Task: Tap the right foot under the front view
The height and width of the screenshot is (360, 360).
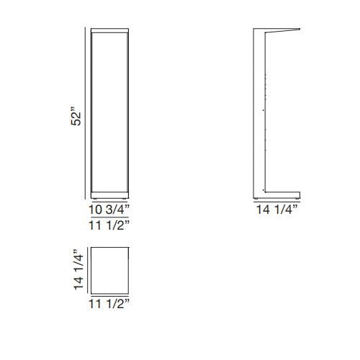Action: point(126,199)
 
